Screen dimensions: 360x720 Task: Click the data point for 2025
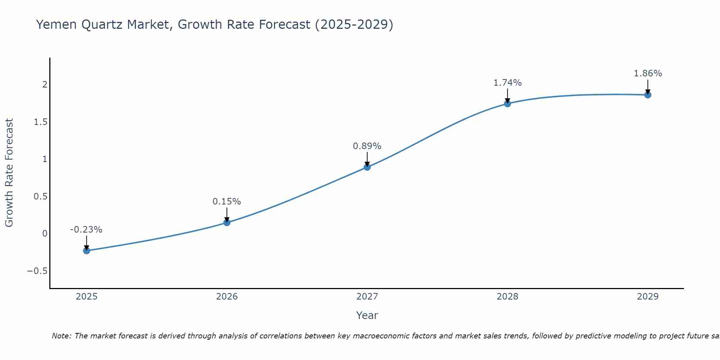coord(86,251)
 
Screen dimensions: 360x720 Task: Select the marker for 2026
coord(227,222)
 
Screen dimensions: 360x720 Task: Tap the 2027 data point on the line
coord(367,167)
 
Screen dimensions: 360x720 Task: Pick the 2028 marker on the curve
coord(508,104)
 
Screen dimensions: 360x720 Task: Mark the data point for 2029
coord(648,95)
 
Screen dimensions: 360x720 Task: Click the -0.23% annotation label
coord(86,230)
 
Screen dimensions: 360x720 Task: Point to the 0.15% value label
coord(227,202)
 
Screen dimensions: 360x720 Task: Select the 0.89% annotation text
coord(367,146)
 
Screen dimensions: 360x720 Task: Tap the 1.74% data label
coord(508,83)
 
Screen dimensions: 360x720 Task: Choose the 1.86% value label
coord(648,73)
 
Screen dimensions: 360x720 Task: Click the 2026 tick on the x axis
coord(227,297)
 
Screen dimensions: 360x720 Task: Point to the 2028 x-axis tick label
coord(508,297)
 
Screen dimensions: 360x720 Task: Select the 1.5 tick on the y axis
coord(41,122)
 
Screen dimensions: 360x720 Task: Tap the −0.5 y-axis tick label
coord(37,271)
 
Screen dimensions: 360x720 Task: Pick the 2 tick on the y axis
coord(45,85)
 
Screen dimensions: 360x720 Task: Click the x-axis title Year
coord(367,315)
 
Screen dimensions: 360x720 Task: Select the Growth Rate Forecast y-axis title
coord(9,173)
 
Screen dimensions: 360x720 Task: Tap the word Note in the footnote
coord(61,336)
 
